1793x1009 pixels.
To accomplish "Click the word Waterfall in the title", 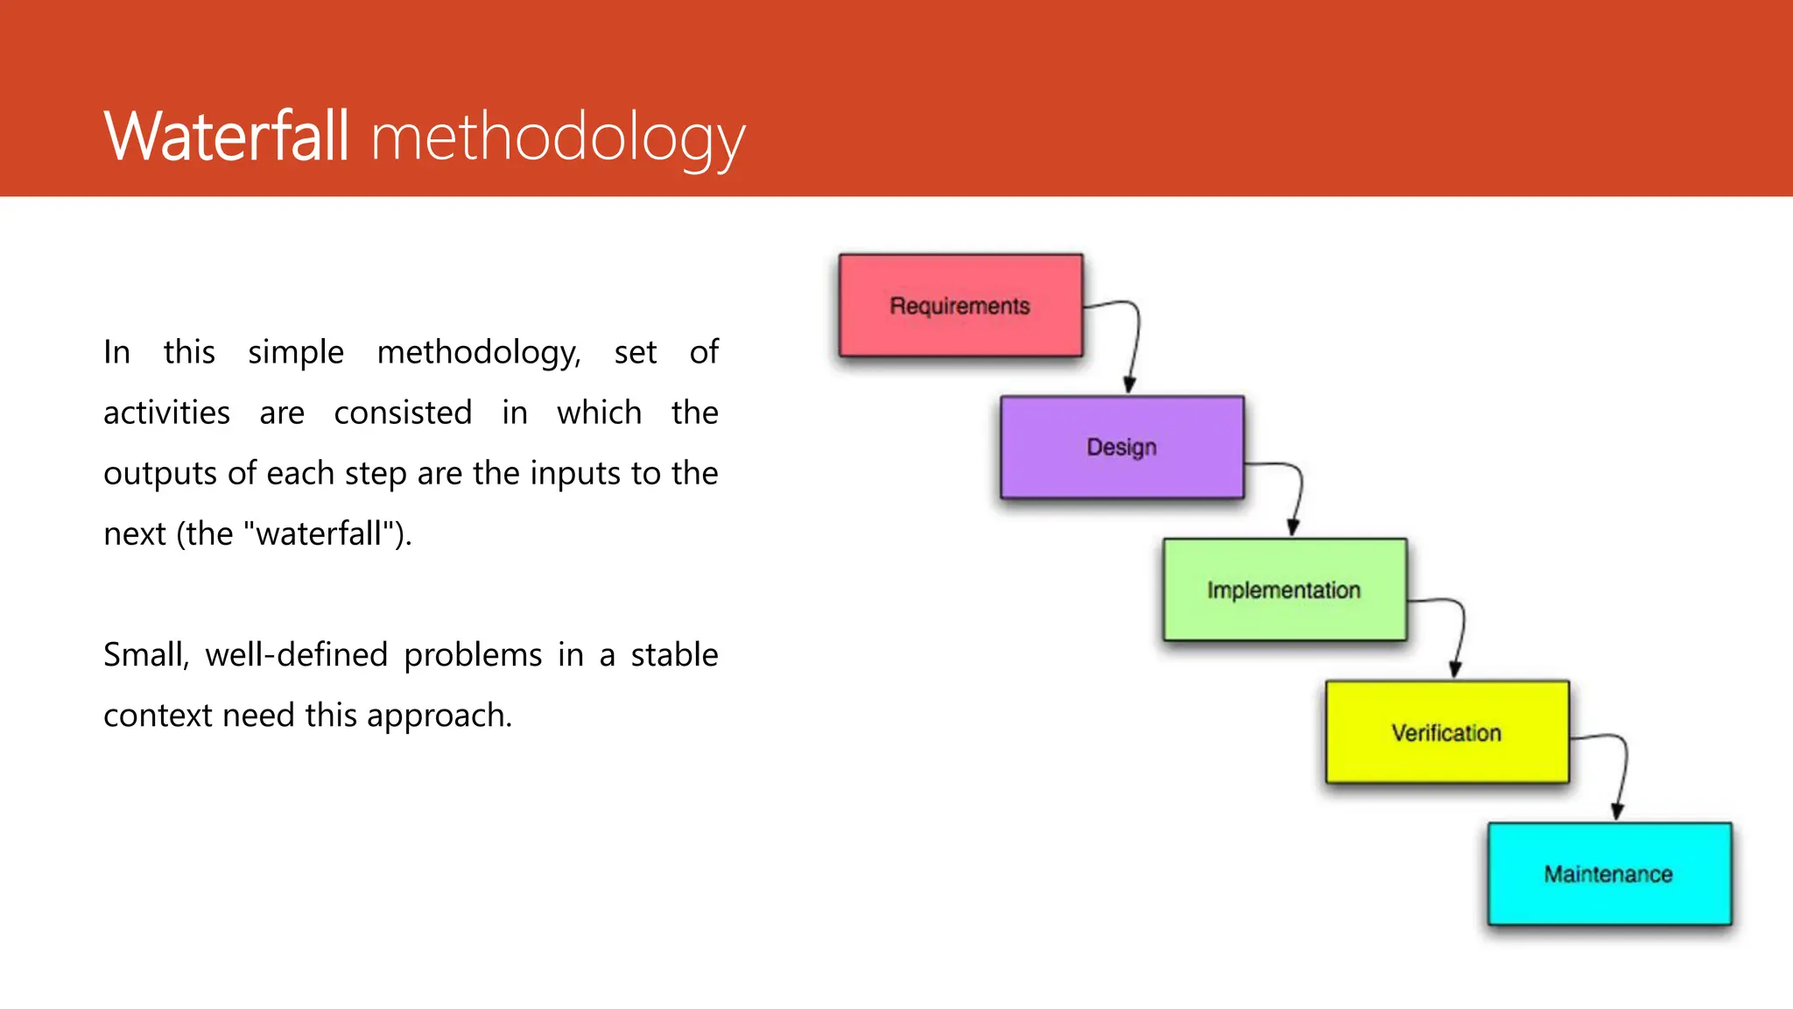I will click(x=226, y=137).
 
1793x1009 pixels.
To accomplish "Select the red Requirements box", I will click(x=960, y=306).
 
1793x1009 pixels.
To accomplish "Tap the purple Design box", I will click(x=1122, y=448).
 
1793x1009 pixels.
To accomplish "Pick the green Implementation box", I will click(x=1284, y=589).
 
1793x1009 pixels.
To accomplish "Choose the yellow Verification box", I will click(x=1446, y=732).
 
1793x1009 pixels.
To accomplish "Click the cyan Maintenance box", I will click(x=1609, y=873).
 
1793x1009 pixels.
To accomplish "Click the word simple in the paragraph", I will click(x=295, y=352).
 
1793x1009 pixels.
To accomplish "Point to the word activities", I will click(x=166, y=413).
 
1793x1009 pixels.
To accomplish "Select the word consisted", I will click(x=403, y=413).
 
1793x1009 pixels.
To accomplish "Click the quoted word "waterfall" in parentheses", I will click(x=320, y=533).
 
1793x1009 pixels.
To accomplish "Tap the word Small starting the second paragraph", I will click(x=145, y=655).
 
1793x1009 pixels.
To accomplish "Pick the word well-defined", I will click(x=296, y=655).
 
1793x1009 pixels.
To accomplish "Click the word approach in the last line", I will click(x=438, y=716).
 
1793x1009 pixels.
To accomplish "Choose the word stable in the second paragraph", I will click(x=674, y=655).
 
